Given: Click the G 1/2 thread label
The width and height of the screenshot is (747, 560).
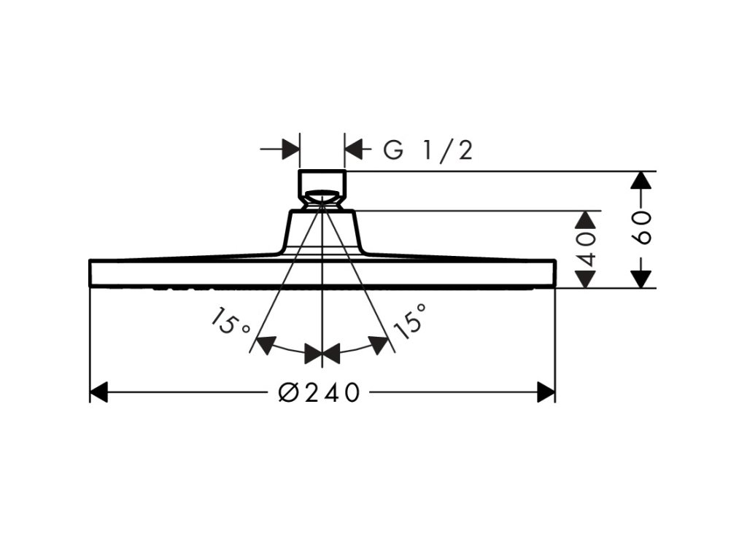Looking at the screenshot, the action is point(429,150).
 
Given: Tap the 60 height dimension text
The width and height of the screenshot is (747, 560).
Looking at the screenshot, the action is point(641,229).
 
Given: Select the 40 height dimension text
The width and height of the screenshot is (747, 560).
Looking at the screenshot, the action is point(587,249).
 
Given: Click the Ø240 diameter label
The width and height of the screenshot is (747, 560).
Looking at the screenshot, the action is point(320,392).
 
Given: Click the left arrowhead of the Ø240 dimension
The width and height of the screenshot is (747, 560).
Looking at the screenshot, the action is point(99,392).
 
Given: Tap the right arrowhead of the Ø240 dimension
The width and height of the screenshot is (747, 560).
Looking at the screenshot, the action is point(546,392).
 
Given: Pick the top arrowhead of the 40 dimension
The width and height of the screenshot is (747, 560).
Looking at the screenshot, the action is point(587,220).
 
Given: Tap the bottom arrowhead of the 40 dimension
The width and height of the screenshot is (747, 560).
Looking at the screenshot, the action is point(587,279).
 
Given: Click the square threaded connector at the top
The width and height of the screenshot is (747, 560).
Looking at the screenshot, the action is point(322,182).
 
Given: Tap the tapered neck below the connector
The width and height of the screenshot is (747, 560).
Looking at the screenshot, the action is point(322,232).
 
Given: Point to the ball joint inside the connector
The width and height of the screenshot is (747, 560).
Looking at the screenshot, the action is point(322,197).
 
